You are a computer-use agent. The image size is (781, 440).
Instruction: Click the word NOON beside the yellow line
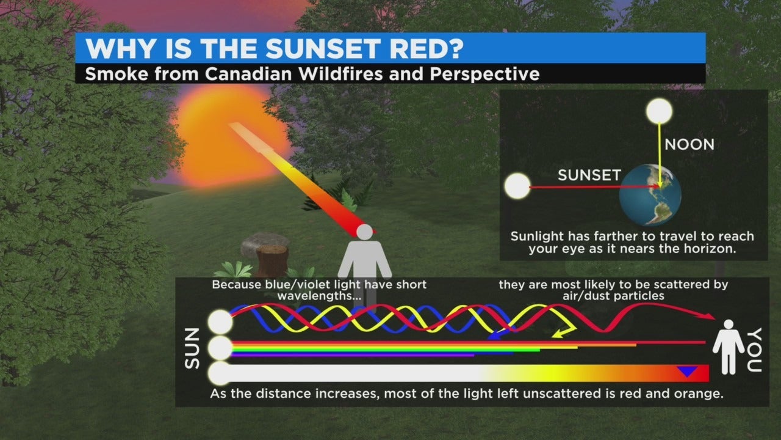pyautogui.click(x=689, y=145)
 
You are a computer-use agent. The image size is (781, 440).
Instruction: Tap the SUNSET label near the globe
pyautogui.click(x=589, y=175)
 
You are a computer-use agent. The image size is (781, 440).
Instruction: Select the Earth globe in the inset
pyautogui.click(x=650, y=195)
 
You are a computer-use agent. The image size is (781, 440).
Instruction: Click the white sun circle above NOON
pyautogui.click(x=659, y=111)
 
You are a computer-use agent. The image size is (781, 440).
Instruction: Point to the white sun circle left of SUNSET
pyautogui.click(x=517, y=186)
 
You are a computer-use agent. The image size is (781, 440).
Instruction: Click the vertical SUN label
pyautogui.click(x=192, y=348)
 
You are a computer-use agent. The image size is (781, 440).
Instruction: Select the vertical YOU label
pyautogui.click(x=754, y=350)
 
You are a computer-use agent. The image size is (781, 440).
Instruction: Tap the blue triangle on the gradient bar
pyautogui.click(x=687, y=371)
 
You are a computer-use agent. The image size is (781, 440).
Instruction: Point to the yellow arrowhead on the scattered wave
pyautogui.click(x=560, y=334)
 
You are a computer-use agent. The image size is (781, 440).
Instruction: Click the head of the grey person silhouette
pyautogui.click(x=365, y=232)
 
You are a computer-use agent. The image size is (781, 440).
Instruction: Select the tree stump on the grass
pyautogui.click(x=272, y=260)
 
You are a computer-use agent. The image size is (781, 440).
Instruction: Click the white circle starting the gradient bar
pyautogui.click(x=220, y=373)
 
